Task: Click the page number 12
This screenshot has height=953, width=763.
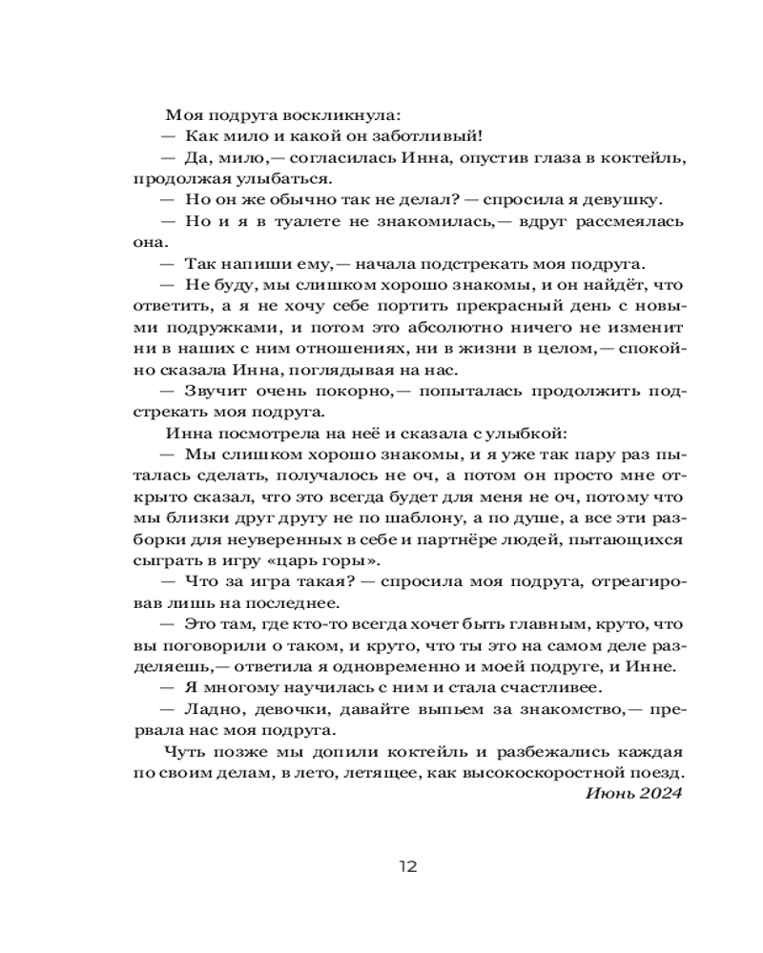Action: pyautogui.click(x=408, y=866)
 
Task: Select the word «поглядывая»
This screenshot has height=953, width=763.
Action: pyautogui.click(x=385, y=368)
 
